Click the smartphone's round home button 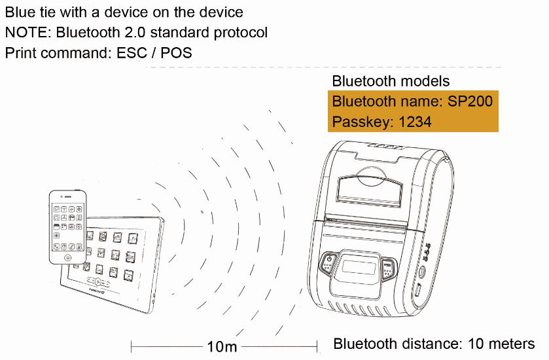coord(68,257)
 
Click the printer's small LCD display coord(359,268)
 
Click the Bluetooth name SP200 coord(470,101)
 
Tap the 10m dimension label coord(222,346)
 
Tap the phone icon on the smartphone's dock coord(57,246)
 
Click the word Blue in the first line coord(18,12)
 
